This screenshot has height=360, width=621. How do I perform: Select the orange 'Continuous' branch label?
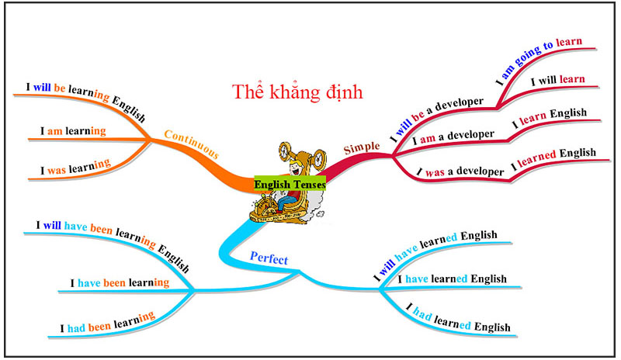[191, 144]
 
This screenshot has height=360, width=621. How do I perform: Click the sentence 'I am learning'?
[73, 131]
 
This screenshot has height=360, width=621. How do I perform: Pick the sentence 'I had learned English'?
[459, 318]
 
